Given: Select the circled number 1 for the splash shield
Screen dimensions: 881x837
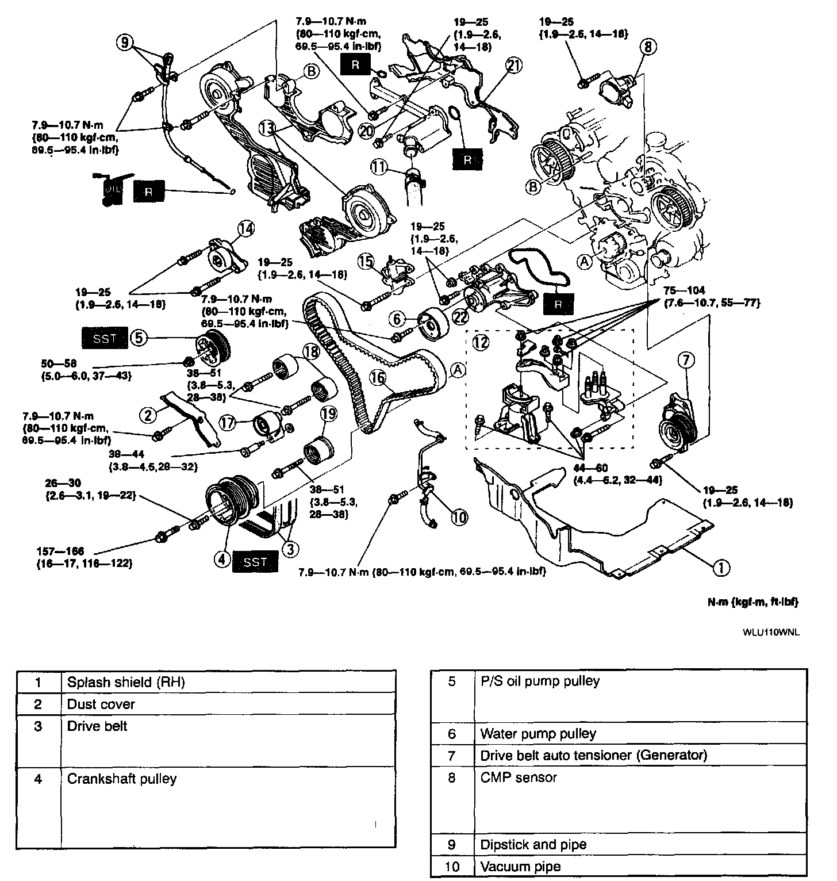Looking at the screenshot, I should [x=721, y=568].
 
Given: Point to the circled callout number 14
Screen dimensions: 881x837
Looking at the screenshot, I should [x=245, y=229].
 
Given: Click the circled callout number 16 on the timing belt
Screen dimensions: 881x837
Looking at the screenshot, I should [x=377, y=378].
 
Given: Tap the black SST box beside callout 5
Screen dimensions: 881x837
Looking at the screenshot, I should [x=105, y=338].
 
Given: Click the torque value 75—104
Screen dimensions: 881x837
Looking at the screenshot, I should [x=684, y=290].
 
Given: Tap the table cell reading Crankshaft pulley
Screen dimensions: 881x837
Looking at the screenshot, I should [x=121, y=779].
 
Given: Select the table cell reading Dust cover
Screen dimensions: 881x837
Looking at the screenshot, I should [x=101, y=704].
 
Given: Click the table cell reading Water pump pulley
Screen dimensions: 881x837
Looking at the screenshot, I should [x=538, y=733].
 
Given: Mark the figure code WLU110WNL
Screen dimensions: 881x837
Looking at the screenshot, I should [x=771, y=632].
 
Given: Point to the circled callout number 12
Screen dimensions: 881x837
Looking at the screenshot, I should [x=481, y=343].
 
